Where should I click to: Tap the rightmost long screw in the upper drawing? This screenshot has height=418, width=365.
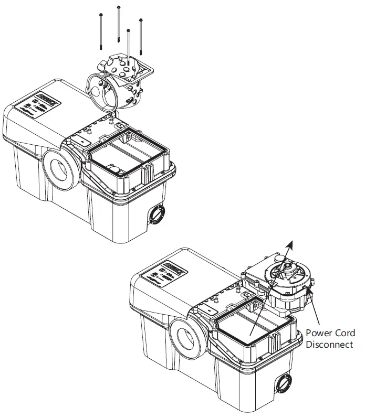click(x=141, y=37)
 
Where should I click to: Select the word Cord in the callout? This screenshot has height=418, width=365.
click(x=346, y=334)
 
